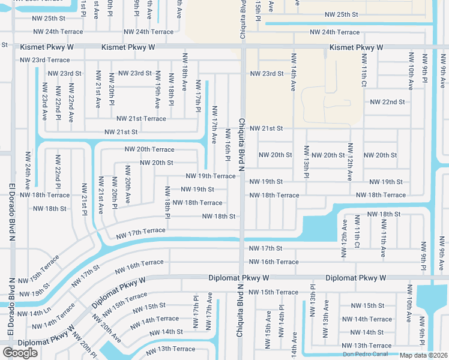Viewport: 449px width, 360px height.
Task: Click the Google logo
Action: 20,352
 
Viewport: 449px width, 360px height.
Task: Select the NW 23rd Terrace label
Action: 45,60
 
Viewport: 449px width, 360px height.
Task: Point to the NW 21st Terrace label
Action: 141,119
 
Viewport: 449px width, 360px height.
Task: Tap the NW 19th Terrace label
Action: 211,176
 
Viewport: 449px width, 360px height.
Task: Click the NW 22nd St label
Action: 387,102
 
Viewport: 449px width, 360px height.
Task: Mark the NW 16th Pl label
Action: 228,145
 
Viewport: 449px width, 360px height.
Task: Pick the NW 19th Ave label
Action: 157,89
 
